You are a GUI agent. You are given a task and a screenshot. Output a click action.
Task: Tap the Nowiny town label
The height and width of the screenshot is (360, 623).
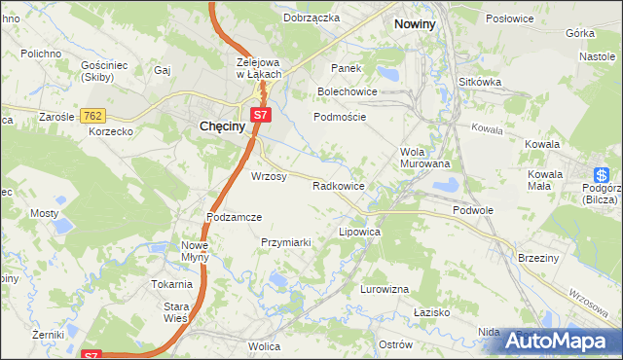414,22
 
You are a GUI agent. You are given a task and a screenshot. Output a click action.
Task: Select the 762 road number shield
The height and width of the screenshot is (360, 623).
92,115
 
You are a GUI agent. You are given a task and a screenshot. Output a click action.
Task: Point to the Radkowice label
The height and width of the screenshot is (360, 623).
338,185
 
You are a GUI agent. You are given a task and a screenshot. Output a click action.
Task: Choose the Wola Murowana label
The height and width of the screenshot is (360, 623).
425,158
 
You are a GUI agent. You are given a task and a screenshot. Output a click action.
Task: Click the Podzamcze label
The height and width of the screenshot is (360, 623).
235,217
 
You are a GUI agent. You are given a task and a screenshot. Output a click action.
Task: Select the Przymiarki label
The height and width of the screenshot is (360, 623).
285,242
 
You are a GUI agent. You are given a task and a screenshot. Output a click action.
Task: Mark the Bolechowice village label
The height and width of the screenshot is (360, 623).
348,91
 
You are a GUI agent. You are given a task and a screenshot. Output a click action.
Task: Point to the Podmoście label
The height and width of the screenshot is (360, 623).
339,116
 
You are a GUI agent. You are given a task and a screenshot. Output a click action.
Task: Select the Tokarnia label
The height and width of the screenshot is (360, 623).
171,284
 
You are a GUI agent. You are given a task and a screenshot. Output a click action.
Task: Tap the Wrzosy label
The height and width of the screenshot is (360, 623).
269,176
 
